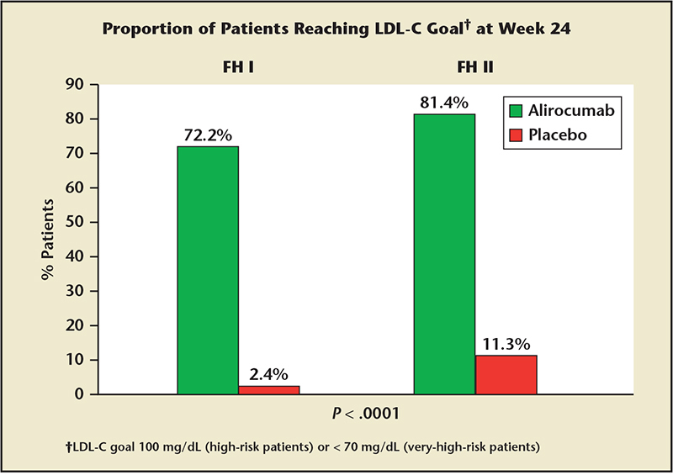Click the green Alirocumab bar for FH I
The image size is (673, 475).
click(208, 271)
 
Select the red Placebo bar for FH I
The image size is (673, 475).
click(269, 390)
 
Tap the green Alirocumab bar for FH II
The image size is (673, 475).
click(444, 254)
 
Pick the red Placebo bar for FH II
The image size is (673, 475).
click(506, 375)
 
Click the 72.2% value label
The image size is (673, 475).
click(208, 135)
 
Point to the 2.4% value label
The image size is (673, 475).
click(268, 375)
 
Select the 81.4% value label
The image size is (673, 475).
click(444, 103)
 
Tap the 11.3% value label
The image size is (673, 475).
click(506, 344)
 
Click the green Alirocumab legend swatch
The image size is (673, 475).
click(516, 111)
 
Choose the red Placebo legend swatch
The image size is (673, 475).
click(516, 135)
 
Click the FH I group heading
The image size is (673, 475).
click(238, 67)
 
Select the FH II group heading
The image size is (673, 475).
click(475, 67)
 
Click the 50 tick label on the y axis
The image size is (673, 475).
click(74, 222)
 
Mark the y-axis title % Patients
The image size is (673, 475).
click(48, 240)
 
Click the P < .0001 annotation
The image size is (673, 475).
click(366, 414)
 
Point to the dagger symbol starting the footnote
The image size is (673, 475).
click(68, 447)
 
